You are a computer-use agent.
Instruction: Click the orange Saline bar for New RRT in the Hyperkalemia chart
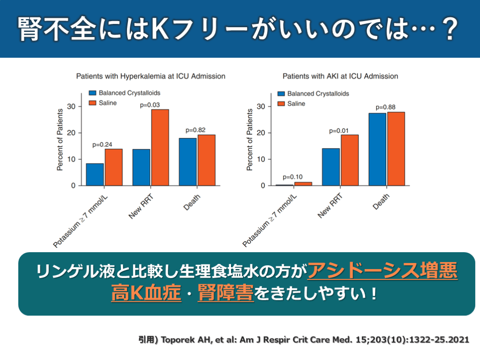(x=160, y=147)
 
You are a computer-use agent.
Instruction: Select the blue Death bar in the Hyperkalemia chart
(x=187, y=162)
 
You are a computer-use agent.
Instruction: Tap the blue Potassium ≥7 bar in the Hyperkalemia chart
(x=95, y=174)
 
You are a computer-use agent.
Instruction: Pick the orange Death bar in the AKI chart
(x=396, y=149)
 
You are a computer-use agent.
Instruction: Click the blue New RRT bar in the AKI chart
(x=331, y=167)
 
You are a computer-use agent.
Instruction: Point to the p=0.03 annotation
(x=150, y=105)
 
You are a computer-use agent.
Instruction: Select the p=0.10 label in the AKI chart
(x=293, y=177)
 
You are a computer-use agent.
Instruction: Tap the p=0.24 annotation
(x=102, y=144)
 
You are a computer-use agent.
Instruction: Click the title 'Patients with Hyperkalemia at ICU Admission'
(x=151, y=76)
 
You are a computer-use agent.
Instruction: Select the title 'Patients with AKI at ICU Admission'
(x=340, y=76)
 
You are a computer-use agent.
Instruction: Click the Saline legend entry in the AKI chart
(x=291, y=103)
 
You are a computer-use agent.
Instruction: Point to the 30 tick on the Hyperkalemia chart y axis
(x=71, y=107)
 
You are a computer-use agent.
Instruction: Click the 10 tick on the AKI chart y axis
(x=262, y=159)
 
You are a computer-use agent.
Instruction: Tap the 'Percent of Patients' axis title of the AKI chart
(x=250, y=140)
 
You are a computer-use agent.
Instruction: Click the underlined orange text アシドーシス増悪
(x=382, y=271)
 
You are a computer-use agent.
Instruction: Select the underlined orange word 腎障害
(x=225, y=294)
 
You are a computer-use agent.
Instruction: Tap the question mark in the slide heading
(x=450, y=29)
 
